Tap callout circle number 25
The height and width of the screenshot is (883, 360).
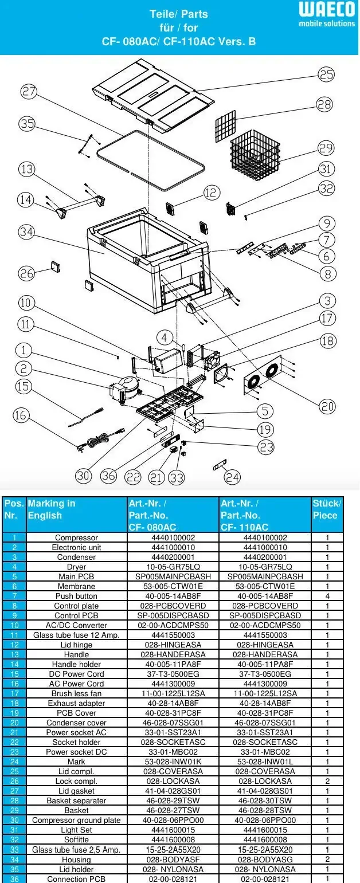326,74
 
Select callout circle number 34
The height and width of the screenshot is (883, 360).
26,232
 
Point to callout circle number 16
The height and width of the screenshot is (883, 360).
21,415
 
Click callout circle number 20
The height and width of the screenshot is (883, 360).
327,406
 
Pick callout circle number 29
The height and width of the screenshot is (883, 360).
326,148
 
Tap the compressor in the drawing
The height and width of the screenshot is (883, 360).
126,388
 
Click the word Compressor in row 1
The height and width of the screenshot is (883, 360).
76,537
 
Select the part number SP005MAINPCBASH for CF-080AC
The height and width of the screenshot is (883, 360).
173,576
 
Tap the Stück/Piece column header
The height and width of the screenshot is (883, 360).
327,509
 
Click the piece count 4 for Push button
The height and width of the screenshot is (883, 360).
327,596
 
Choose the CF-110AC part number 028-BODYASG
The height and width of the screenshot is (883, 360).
265,859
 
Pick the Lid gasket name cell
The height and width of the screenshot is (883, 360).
76,791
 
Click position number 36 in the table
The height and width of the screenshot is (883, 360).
14,878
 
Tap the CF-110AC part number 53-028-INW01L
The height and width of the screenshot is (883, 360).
265,762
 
